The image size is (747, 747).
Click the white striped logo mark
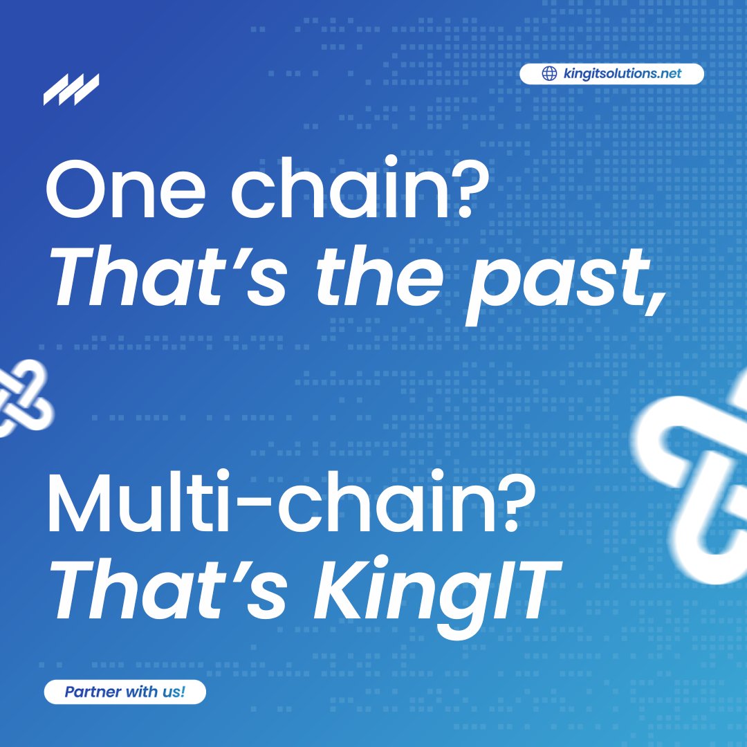pos(71,89)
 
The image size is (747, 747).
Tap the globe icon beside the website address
pos(550,74)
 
